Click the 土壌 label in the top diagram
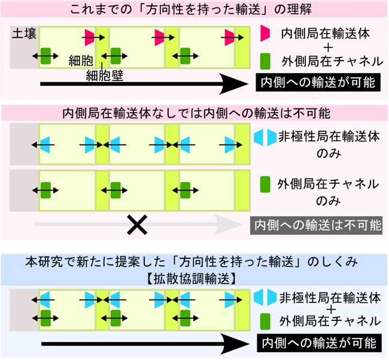[24, 34]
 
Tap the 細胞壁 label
[105, 75]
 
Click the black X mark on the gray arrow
[137, 225]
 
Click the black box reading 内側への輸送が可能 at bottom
[319, 343]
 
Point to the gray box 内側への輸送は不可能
[316, 225]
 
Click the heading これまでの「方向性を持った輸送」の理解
[191, 10]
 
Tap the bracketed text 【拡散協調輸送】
[191, 279]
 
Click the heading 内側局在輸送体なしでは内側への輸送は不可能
[196, 113]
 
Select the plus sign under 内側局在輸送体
[328, 47]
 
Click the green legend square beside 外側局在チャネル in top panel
[265, 61]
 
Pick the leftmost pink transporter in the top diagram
[89, 38]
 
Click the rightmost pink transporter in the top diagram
[229, 38]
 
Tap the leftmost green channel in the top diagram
[45, 56]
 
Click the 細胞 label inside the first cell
[81, 61]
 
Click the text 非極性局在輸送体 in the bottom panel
[330, 298]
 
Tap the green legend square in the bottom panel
[265, 322]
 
